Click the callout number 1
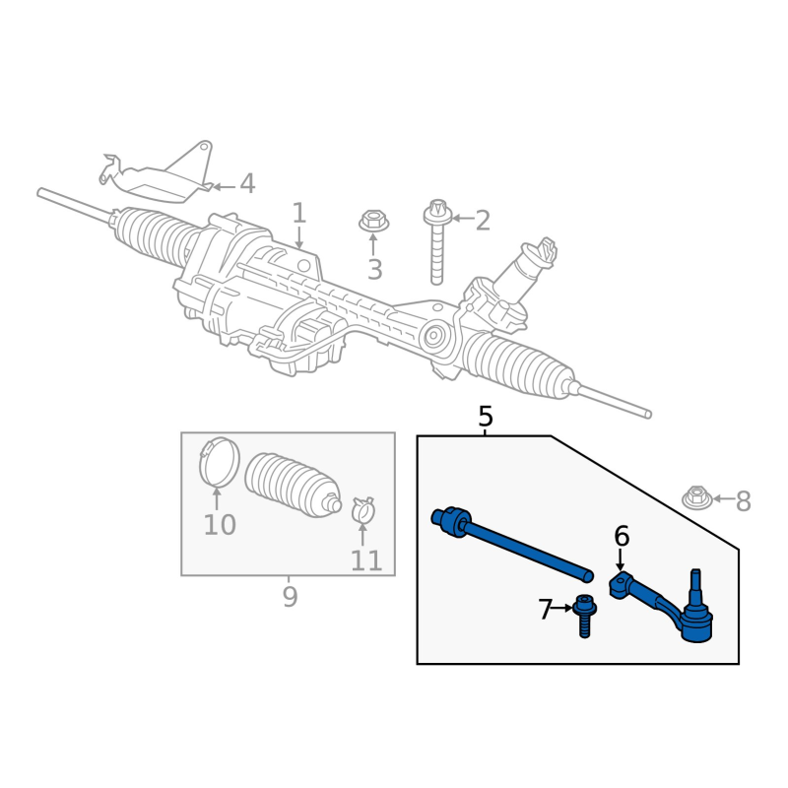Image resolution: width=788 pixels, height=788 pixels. pos(298,213)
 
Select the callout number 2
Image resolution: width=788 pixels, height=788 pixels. pos(483,221)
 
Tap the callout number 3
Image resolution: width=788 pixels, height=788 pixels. pos(374,270)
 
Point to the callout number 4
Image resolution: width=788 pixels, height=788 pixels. pos(247,184)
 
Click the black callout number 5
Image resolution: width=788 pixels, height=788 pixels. pos(486,417)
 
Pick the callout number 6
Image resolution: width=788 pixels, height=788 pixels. pos(622,537)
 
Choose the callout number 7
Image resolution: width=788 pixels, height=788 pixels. pos(546,611)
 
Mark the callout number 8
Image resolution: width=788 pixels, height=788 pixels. pos(743,502)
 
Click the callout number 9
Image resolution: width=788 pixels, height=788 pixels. pos(290,597)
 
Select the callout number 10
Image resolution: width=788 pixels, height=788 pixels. pos(220,526)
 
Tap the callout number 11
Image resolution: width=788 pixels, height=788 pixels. pos(366,561)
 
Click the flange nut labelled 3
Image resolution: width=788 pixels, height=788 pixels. pos(373,221)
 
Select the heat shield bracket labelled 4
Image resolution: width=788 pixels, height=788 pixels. pos(163,174)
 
